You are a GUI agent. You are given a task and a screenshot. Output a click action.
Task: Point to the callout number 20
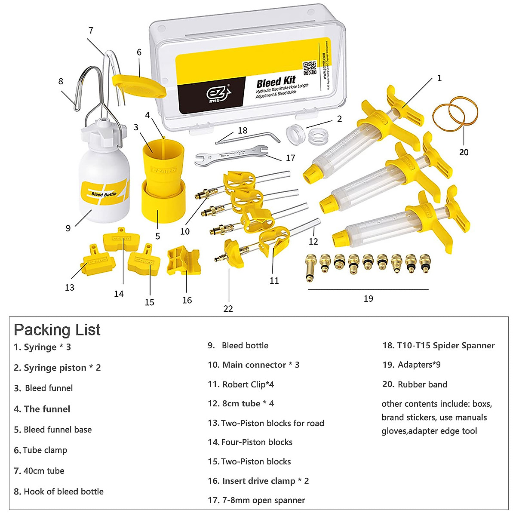tap(464, 152)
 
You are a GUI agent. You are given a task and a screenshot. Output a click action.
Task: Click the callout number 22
tap(228, 308)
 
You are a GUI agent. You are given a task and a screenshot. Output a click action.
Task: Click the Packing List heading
tap(57, 330)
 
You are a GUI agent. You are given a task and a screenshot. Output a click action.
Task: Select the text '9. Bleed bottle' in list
tap(238, 345)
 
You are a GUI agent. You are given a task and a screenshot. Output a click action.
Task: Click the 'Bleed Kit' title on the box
tap(276, 81)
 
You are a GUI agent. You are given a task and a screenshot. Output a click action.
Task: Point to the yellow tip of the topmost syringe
tap(311, 174)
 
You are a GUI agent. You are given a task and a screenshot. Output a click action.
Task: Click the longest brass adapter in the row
tap(310, 268)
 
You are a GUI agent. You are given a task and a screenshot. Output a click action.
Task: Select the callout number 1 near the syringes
tap(439, 78)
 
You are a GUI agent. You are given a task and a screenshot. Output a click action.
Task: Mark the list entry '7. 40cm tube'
tap(39, 470)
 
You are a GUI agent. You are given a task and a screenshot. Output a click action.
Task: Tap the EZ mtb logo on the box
tap(219, 94)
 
